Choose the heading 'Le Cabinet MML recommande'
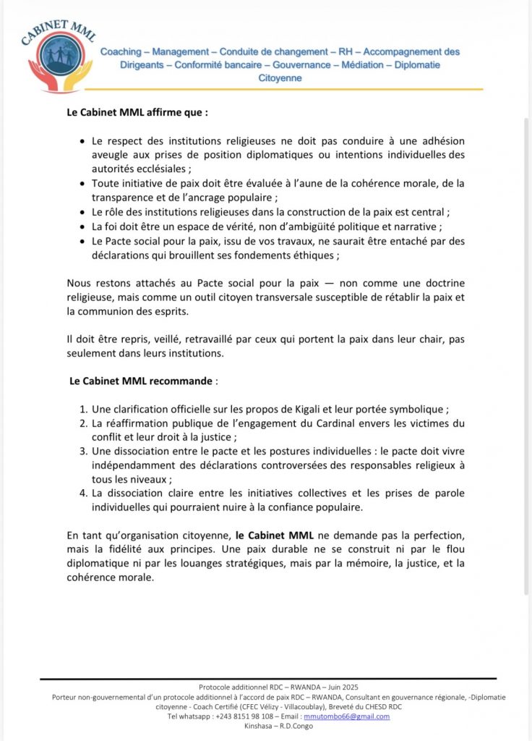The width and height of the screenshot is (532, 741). [x=142, y=380]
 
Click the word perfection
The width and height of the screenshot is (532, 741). [x=433, y=536]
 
